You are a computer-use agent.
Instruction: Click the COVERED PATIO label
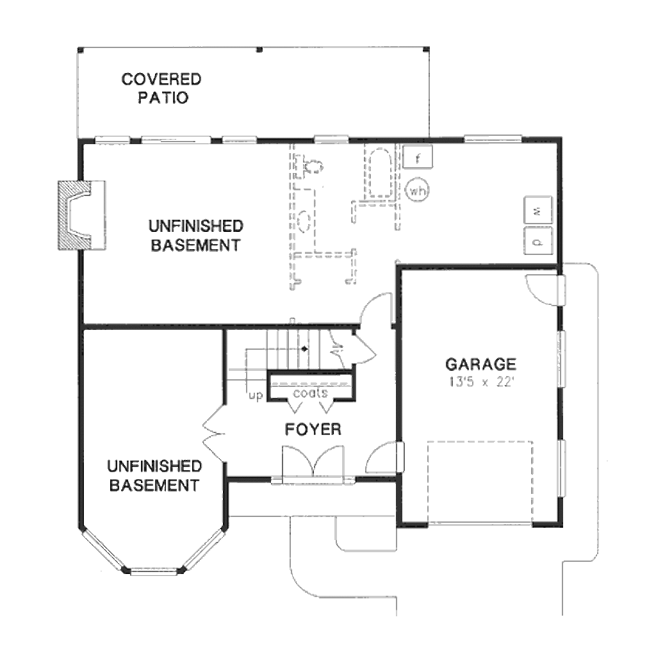(x=161, y=88)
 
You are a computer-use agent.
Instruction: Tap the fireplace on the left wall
(x=82, y=215)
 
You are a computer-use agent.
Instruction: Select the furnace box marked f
(x=418, y=158)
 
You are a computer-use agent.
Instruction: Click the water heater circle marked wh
(x=418, y=191)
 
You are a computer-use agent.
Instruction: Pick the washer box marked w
(x=538, y=210)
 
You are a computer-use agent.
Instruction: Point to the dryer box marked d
(x=538, y=241)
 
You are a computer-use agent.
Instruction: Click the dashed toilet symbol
(x=313, y=165)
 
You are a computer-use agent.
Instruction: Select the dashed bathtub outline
(x=379, y=172)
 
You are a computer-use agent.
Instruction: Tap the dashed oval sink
(x=304, y=220)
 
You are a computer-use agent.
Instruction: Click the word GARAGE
(x=480, y=364)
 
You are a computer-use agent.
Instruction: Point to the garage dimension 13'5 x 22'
(x=480, y=382)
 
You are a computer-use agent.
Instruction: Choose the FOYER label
(x=313, y=429)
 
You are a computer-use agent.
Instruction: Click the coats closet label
(x=310, y=393)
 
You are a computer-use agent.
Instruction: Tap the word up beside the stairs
(x=255, y=395)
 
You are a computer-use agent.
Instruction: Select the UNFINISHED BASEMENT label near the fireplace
(x=196, y=236)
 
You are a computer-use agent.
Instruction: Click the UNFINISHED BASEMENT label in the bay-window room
(x=154, y=476)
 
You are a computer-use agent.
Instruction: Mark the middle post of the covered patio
(x=259, y=50)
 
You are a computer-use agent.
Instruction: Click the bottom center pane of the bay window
(x=153, y=571)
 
